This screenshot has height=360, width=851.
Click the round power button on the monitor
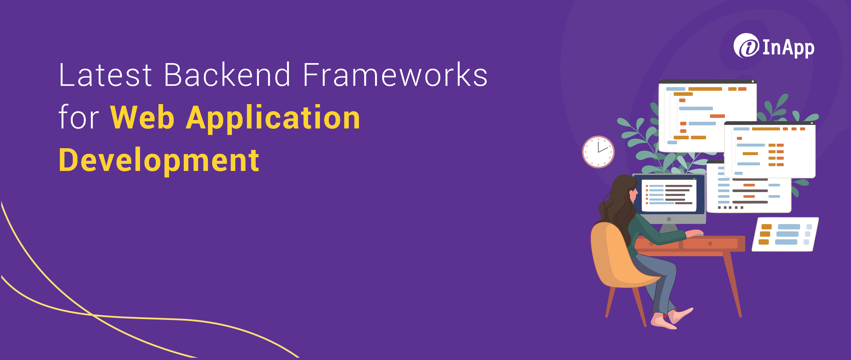click(669, 219)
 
